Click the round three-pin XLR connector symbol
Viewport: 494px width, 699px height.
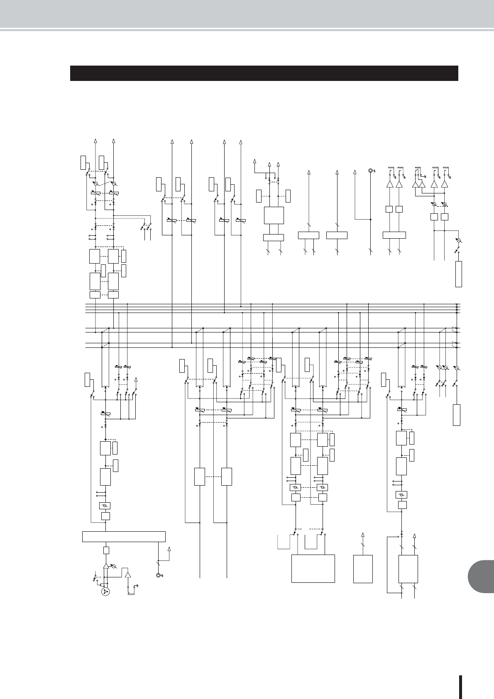[105, 591]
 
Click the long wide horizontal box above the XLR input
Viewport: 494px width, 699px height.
[124, 536]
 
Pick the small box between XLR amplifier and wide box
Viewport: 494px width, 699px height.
[106, 550]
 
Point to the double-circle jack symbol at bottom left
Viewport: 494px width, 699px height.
[158, 575]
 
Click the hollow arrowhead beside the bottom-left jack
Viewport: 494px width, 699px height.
[169, 550]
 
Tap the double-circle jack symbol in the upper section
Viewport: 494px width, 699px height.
[370, 171]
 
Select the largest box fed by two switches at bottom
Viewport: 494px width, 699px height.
[313, 568]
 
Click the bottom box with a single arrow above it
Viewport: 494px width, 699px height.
[363, 569]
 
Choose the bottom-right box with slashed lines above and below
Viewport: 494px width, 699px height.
[408, 569]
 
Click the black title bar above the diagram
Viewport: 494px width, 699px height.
[264, 73]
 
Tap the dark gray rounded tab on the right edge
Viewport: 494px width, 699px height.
[481, 578]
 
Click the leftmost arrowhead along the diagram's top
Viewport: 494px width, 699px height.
[96, 140]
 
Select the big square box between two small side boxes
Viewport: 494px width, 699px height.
[274, 215]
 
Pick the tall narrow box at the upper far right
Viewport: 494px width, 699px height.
[459, 274]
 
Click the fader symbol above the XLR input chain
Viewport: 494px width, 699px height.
[106, 413]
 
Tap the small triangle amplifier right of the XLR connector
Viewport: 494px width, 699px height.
[128, 575]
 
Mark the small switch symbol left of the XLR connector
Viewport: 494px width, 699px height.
[95, 578]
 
